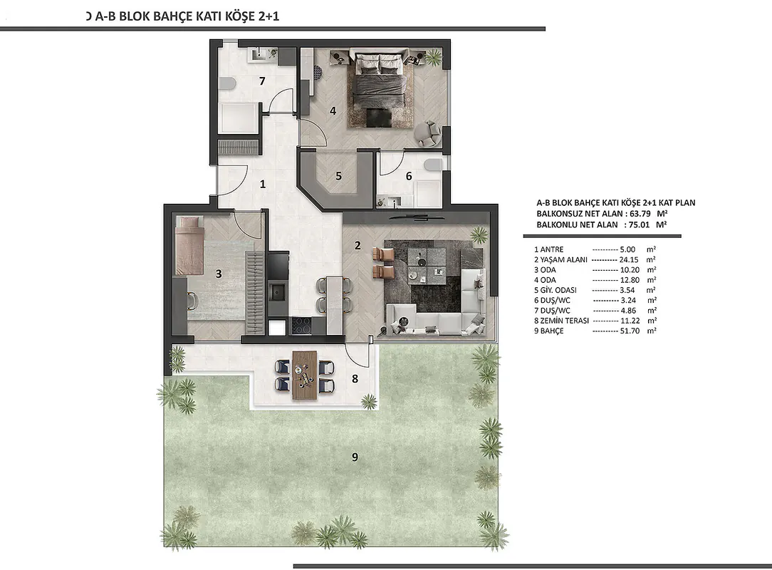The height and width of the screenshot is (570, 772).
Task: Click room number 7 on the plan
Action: [x=262, y=81]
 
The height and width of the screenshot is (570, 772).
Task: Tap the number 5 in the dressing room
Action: [x=338, y=176]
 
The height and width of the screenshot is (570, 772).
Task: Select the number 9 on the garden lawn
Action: [x=355, y=457]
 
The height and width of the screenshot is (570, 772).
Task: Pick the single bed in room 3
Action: [x=189, y=245]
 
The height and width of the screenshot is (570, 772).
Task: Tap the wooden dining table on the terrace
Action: [x=305, y=374]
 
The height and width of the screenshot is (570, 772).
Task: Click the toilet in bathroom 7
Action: [x=228, y=84]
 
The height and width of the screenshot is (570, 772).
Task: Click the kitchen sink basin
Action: [x=278, y=293]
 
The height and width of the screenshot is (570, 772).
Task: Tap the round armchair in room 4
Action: [x=427, y=133]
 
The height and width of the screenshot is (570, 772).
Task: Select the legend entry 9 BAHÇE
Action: [x=549, y=331]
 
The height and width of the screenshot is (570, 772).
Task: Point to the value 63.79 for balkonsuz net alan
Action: [x=640, y=214]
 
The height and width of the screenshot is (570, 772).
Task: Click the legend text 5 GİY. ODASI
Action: [x=555, y=290]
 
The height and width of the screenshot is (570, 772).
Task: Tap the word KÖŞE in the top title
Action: [x=239, y=16]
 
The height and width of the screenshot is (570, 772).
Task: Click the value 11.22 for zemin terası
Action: [x=630, y=321]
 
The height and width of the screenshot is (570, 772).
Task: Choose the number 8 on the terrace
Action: [x=355, y=379]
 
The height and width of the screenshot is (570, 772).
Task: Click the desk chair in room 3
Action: [x=192, y=301]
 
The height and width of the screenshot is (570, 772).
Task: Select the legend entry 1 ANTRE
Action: [x=549, y=250]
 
